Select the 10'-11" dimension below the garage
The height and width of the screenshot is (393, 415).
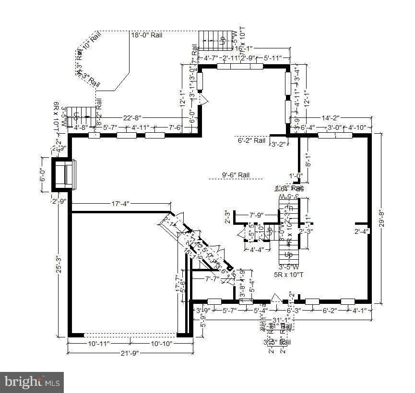[98, 344]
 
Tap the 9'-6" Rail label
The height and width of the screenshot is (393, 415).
[236, 175]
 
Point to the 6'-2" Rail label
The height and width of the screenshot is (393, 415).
[251, 140]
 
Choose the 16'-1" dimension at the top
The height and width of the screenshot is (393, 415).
[243, 49]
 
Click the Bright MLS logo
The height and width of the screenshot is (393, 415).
[33, 382]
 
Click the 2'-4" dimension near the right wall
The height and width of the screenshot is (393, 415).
[361, 232]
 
